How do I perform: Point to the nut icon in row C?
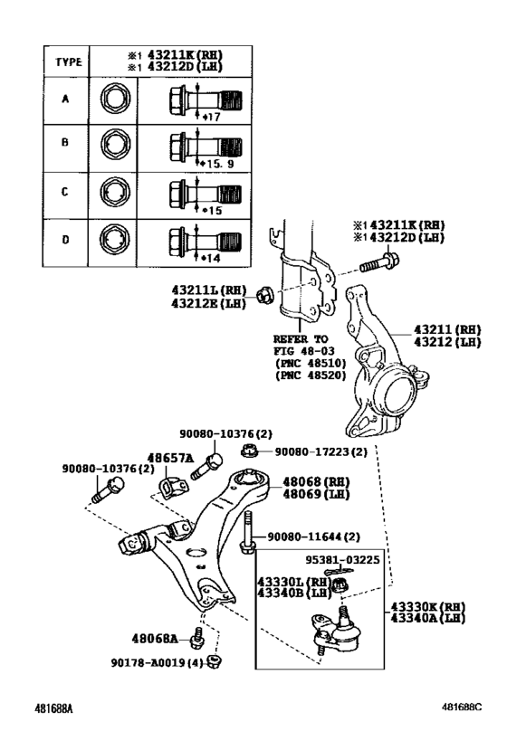[x=115, y=194]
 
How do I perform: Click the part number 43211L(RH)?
[x=209, y=290]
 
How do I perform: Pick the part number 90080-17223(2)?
[x=320, y=451]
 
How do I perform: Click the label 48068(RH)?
[x=316, y=483]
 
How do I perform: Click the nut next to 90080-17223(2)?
[x=249, y=451]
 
